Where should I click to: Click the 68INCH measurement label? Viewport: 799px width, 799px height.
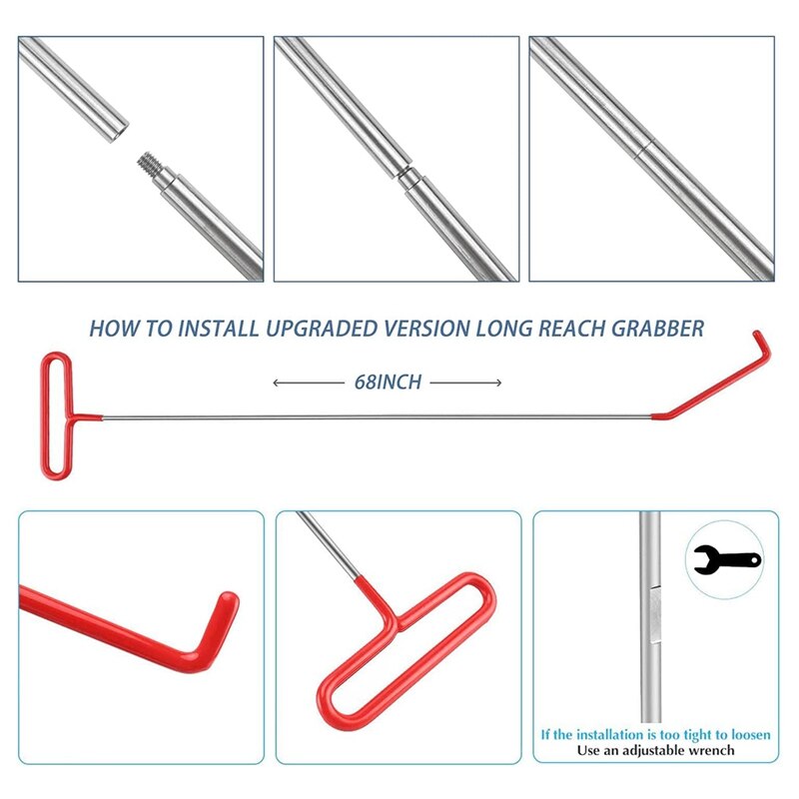[x=387, y=383]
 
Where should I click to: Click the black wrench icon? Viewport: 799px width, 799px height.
[x=726, y=559]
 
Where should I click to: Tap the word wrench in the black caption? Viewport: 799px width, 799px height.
[x=711, y=750]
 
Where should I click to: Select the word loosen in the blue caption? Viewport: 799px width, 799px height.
[x=746, y=734]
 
